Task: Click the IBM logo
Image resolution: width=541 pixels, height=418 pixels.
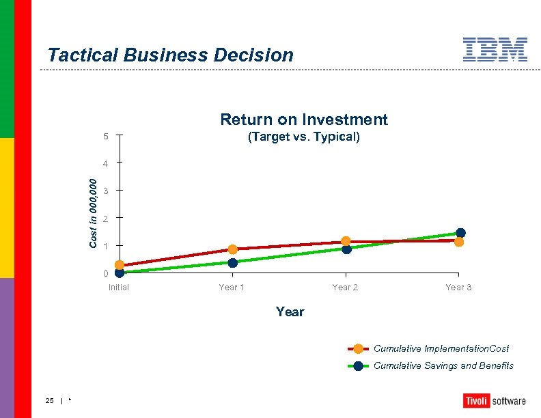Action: [x=495, y=50]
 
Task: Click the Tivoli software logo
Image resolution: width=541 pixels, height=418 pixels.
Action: [x=495, y=401]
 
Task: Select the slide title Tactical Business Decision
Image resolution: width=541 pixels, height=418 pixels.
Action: [x=171, y=55]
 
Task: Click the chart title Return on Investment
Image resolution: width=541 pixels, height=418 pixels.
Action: [x=303, y=120]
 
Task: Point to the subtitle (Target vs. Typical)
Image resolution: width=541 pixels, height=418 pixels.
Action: [x=303, y=137]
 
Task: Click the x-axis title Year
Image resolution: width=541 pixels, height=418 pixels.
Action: [x=290, y=312]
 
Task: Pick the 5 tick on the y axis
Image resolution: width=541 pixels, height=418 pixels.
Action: [x=106, y=137]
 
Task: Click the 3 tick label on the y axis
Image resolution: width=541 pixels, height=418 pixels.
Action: [x=106, y=191]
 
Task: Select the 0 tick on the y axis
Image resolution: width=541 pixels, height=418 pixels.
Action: [x=106, y=274]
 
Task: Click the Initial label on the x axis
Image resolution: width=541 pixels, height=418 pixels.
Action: [x=119, y=288]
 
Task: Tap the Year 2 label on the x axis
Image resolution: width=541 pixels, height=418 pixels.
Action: [x=345, y=288]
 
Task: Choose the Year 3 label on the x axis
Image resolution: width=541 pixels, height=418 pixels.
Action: [x=458, y=288]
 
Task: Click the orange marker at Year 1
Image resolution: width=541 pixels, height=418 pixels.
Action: [x=233, y=249]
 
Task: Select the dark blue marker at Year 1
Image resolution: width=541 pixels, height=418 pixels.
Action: [x=233, y=263]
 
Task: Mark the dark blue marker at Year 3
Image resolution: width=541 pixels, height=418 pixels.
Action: [x=460, y=233]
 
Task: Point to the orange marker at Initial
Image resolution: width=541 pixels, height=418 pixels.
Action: [x=120, y=265]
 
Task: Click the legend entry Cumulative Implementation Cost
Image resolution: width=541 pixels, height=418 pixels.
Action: [x=441, y=348]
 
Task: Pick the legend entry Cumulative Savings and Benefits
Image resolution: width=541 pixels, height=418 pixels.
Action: [x=443, y=365]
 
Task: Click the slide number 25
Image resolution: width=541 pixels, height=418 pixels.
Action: [x=50, y=400]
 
